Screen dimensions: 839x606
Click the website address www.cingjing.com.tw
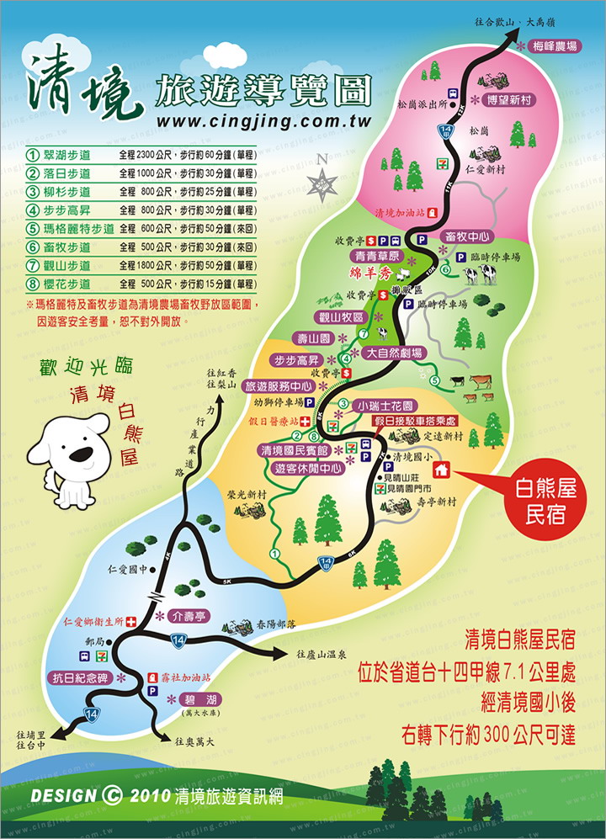[x=264, y=122]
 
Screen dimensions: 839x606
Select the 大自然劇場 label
[x=394, y=353]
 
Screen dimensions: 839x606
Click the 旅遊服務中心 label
[x=279, y=386]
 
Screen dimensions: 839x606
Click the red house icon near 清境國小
[x=444, y=470]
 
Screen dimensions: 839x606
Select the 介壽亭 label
[x=187, y=614]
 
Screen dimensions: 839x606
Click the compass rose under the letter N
[x=322, y=181]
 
